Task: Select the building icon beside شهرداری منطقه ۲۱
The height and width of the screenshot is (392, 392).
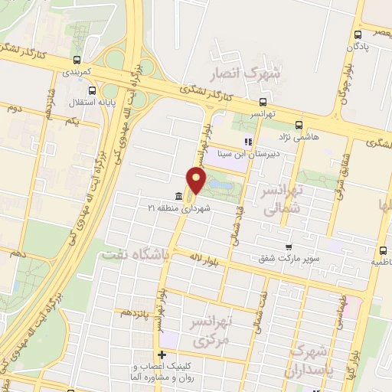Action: pos(178,195)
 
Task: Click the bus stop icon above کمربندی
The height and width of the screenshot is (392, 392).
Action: pos(77,60)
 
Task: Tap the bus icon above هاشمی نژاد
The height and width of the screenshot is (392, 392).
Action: pos(299,123)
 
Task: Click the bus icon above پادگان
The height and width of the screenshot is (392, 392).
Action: pos(358,34)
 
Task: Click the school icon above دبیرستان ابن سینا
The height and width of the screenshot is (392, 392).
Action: pos(247,142)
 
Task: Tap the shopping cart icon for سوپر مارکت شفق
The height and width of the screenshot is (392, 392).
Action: pos(288,247)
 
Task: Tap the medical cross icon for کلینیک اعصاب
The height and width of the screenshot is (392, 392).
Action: pos(162,354)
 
